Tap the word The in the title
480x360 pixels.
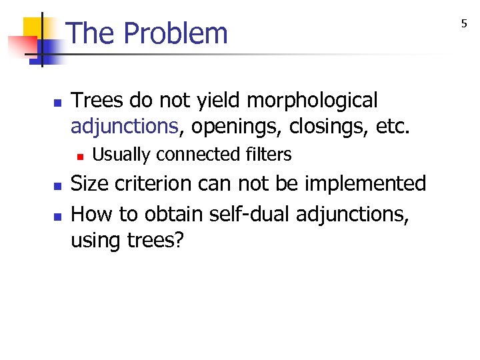(91, 33)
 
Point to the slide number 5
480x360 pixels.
(465, 25)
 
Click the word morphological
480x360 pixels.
(312, 101)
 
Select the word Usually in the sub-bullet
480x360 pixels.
(121, 155)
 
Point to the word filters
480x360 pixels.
(268, 155)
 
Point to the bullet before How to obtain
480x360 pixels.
(57, 216)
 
